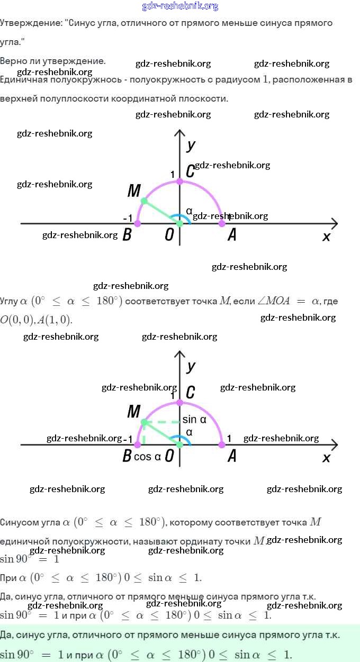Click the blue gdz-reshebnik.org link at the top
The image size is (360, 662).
click(x=180, y=6)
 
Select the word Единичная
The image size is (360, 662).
click(x=23, y=80)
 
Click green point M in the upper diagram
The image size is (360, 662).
click(x=144, y=201)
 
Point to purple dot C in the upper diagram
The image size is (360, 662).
click(x=179, y=182)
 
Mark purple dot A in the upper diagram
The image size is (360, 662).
click(x=222, y=224)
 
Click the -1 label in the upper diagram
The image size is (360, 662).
click(x=127, y=218)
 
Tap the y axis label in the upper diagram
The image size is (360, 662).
click(x=191, y=144)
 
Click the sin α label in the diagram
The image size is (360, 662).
click(x=194, y=420)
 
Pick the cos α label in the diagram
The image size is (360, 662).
click(x=147, y=457)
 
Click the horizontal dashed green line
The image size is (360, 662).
click(x=162, y=422)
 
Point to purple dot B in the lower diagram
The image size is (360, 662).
click(x=138, y=445)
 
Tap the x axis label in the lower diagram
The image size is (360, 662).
click(x=326, y=458)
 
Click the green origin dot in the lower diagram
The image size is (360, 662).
click(x=179, y=445)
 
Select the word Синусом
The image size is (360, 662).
click(x=20, y=522)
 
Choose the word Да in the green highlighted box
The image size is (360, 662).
click(x=7, y=634)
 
